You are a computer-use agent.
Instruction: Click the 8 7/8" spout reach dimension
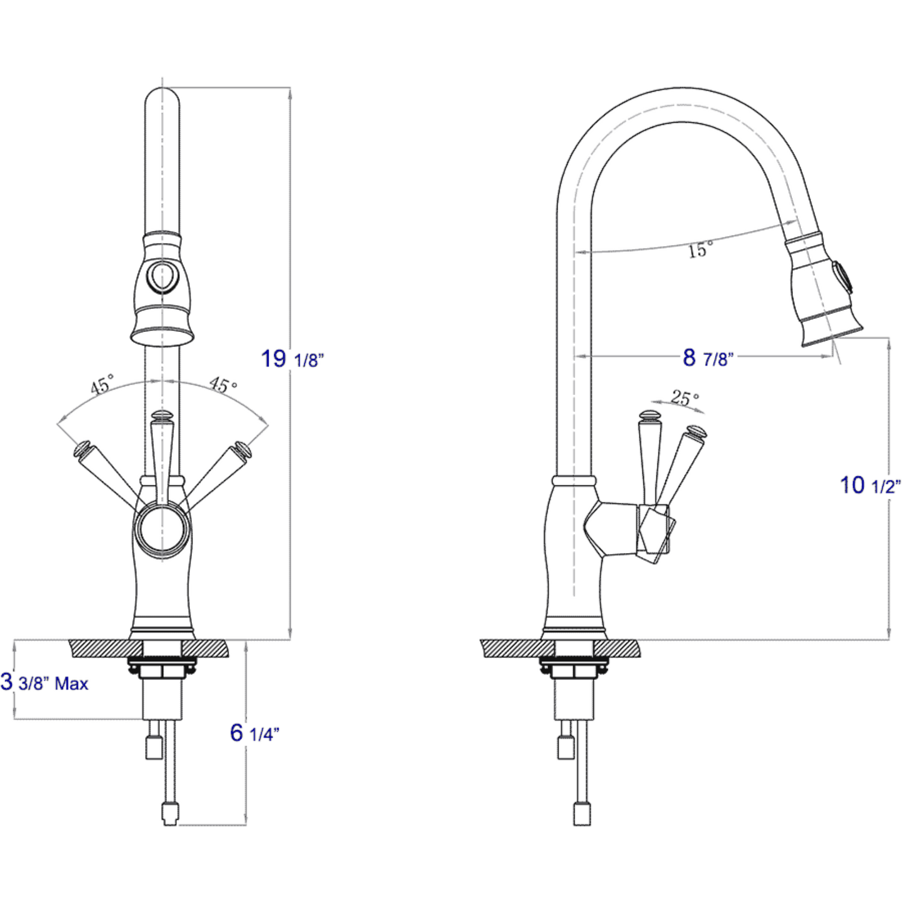click(707, 358)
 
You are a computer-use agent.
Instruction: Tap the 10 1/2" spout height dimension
click(869, 485)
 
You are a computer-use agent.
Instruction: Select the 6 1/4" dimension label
click(252, 733)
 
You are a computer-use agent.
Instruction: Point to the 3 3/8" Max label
click(45, 682)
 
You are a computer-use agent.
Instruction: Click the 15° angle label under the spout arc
click(699, 250)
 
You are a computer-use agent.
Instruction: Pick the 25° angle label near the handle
click(685, 397)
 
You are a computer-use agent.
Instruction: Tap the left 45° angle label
click(102, 384)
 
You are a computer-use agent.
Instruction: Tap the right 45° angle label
click(222, 384)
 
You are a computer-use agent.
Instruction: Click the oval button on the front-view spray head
click(162, 276)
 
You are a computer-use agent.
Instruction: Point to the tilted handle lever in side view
click(679, 462)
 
